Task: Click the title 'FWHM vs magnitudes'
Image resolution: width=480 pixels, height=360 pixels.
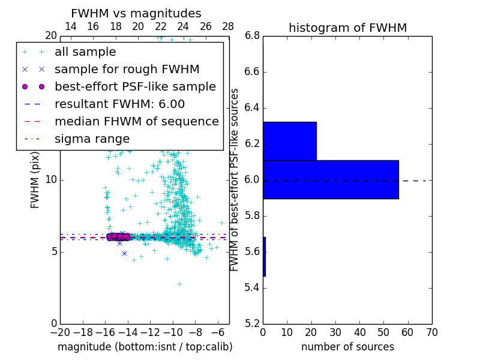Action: tap(136, 13)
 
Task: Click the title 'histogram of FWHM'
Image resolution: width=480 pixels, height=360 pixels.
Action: tap(347, 28)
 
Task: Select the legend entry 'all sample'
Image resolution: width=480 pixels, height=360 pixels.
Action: tap(85, 52)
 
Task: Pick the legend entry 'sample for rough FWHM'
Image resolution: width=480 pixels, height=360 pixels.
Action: tap(127, 69)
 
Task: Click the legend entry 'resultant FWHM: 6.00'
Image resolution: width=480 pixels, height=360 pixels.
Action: tap(119, 104)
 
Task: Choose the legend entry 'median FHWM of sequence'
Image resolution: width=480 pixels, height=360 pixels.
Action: tap(136, 121)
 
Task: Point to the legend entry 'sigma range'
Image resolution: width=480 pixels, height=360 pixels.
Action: tap(92, 139)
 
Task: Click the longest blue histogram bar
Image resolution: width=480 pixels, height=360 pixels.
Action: tap(331, 179)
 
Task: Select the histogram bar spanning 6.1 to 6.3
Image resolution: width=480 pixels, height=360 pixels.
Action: tap(290, 141)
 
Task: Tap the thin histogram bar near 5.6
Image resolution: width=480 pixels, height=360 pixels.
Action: tap(264, 257)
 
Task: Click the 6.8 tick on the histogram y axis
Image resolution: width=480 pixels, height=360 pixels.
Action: tap(252, 36)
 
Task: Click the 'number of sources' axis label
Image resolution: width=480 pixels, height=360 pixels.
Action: tap(347, 347)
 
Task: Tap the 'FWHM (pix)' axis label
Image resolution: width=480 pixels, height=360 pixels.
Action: tap(35, 179)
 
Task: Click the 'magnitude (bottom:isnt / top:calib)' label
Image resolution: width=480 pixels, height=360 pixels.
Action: tap(145, 347)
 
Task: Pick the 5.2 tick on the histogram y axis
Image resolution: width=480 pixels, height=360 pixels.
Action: tap(252, 323)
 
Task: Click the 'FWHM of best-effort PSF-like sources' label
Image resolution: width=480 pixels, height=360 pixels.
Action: tap(235, 179)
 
